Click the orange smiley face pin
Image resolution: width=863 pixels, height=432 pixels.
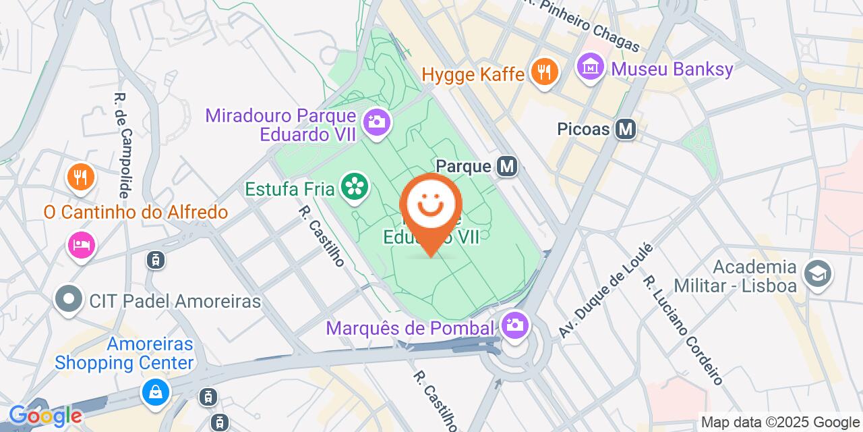click(x=431, y=206)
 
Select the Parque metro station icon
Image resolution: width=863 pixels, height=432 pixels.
click(x=506, y=165)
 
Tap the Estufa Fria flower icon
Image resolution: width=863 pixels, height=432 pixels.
click(x=355, y=187)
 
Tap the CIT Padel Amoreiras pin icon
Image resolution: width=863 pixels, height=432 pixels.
click(x=69, y=301)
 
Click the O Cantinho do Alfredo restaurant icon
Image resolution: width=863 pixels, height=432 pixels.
click(x=81, y=179)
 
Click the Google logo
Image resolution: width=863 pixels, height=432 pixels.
click(x=45, y=416)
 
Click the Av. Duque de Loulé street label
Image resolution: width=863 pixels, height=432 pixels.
click(x=606, y=291)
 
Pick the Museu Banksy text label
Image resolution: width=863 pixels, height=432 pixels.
click(x=672, y=69)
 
